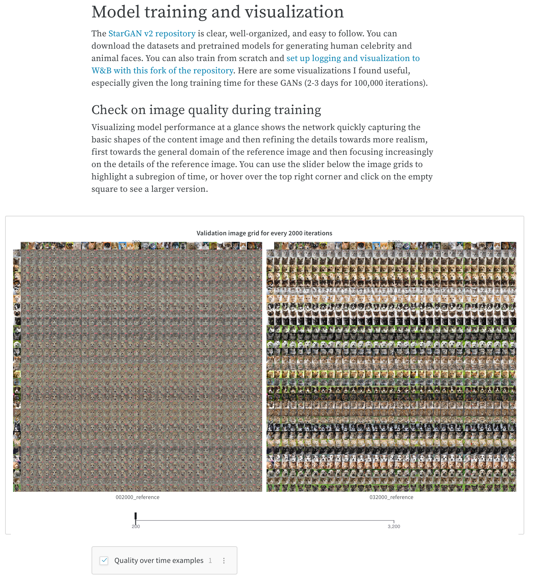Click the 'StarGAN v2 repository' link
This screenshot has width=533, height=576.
pos(152,34)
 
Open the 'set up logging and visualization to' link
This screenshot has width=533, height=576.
pos(353,58)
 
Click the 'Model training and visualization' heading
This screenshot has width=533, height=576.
pos(217,12)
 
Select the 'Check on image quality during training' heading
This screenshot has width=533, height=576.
pos(206,110)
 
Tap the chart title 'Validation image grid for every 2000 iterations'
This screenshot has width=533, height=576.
pos(264,233)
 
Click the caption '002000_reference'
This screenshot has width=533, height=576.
pos(137,497)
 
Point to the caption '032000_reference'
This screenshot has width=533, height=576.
pos(391,497)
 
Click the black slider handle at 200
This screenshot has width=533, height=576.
pos(135,517)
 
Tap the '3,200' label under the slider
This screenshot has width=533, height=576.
pos(394,526)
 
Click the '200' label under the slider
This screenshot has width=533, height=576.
pos(135,526)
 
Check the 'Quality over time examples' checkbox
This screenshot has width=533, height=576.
pos(104,560)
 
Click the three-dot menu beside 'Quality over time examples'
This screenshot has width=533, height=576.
pos(224,560)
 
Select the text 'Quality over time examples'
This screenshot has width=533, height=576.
pos(159,560)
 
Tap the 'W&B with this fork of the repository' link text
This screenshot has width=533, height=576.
pos(162,71)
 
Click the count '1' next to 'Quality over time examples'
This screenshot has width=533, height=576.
pos(210,560)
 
